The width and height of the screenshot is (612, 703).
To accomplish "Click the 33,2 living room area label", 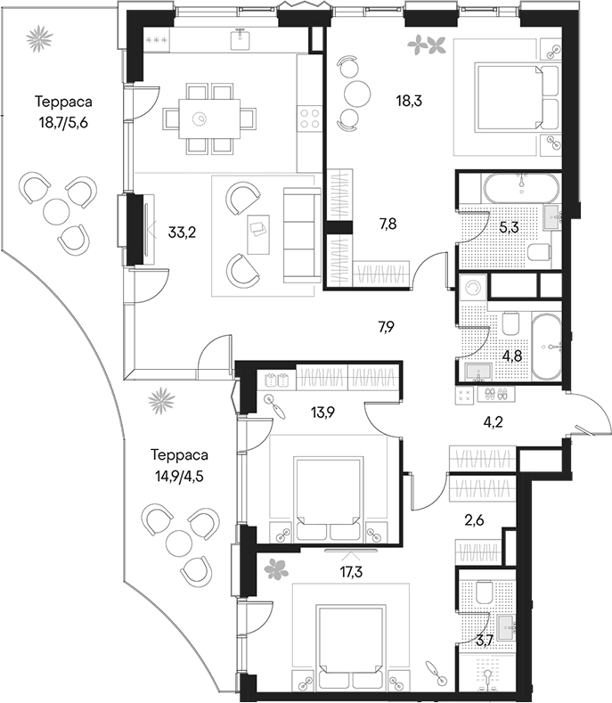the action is point(182,233).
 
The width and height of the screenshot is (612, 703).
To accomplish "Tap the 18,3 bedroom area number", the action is point(409,101).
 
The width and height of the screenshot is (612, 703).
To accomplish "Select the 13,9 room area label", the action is point(323,412).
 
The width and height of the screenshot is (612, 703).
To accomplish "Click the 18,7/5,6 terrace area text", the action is point(63,122).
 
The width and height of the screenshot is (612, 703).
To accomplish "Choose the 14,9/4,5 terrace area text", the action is point(179,475).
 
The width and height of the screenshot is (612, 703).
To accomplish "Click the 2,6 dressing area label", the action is point(474,520).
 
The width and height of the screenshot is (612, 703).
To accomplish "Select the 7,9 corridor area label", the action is point(386,327).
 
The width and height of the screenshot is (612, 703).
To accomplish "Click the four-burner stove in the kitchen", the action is point(309,118).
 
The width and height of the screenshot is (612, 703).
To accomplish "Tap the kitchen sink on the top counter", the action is point(241,38).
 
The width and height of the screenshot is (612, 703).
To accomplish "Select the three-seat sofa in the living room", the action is point(302,235).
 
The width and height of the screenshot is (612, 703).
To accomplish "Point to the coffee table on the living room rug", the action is point(258,234).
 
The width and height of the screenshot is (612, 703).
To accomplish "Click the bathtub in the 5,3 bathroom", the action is point(521,188).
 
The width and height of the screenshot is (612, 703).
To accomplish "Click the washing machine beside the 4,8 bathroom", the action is point(472,288).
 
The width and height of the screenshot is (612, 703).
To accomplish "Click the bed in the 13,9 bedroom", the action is point(329,499).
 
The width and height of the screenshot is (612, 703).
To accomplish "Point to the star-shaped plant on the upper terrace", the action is point(39,39).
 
